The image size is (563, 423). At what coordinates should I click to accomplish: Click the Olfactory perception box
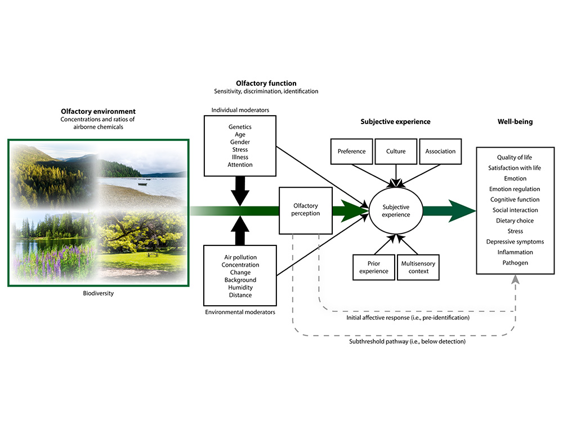click(x=306, y=210)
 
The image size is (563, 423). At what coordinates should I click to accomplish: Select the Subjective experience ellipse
click(x=396, y=211)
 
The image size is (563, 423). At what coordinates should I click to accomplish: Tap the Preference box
click(x=351, y=151)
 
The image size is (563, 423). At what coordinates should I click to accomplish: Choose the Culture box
click(x=396, y=151)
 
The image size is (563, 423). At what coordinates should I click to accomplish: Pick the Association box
click(x=440, y=151)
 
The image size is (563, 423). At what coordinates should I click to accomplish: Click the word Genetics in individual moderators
click(x=240, y=127)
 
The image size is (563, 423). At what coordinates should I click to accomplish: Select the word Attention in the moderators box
click(x=240, y=165)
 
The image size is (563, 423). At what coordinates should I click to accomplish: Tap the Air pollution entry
click(x=240, y=257)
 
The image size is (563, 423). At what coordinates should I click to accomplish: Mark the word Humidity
click(x=240, y=288)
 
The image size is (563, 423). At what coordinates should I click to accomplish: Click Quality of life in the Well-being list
click(x=515, y=157)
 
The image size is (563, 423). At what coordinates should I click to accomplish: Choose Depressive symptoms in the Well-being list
click(x=515, y=242)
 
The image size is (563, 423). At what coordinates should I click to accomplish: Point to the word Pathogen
click(x=515, y=263)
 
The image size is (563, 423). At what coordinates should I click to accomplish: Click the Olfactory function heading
click(x=258, y=83)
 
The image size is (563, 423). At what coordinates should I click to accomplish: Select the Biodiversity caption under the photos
click(x=98, y=293)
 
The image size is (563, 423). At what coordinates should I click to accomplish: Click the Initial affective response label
click(x=408, y=318)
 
